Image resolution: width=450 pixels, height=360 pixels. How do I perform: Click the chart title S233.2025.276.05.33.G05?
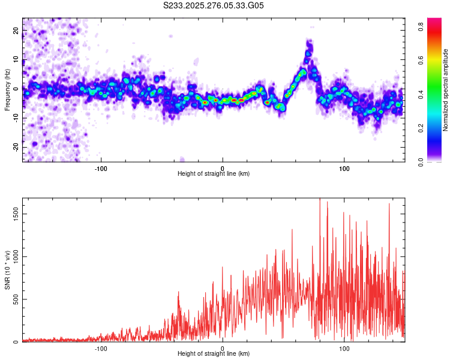point(214,6)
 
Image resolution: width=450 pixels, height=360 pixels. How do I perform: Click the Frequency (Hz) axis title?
point(7,90)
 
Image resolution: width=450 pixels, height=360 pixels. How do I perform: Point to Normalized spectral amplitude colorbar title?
point(446,90)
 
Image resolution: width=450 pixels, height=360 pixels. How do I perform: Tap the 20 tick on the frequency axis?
point(16,30)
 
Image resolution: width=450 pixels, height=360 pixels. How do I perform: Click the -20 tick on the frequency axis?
point(15,147)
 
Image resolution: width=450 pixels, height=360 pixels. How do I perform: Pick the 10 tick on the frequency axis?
point(16,59)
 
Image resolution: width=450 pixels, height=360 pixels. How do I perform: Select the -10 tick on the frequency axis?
point(15,118)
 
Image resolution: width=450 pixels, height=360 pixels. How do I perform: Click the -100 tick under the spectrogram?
point(101,167)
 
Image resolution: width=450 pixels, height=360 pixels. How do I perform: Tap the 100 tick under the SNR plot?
point(344,347)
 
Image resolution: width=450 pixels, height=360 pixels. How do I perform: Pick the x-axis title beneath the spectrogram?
point(214,174)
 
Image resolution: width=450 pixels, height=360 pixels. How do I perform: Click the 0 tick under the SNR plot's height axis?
point(223,347)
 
